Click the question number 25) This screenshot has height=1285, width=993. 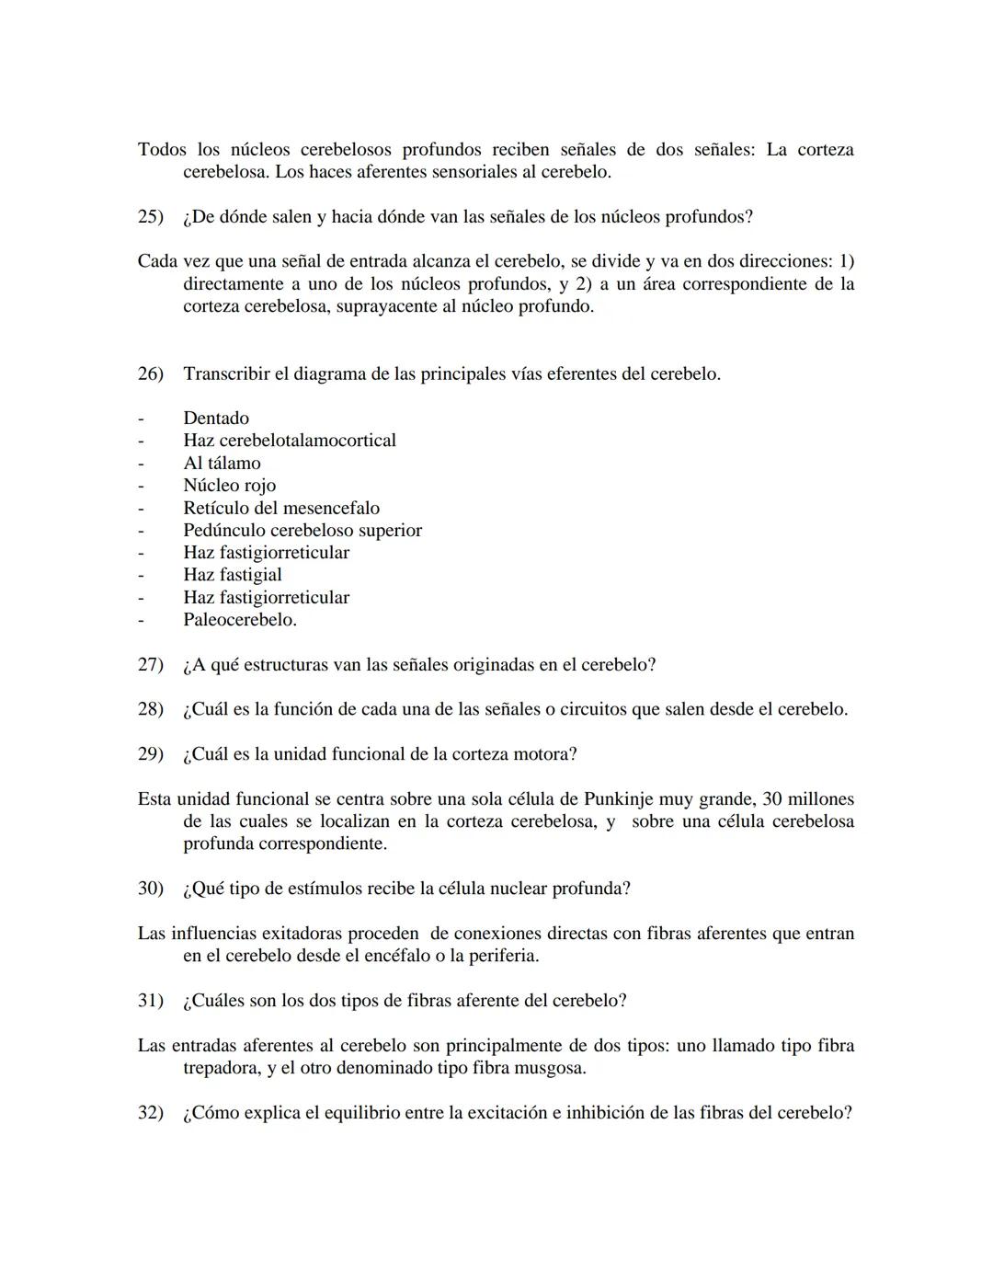[150, 217]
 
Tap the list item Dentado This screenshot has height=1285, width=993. [216, 419]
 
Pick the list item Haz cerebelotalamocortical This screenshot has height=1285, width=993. [290, 441]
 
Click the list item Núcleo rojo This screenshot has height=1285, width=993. [229, 486]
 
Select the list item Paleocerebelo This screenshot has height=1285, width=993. [239, 620]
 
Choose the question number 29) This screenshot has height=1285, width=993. [150, 754]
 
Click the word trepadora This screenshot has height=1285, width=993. [222, 1069]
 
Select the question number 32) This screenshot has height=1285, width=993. [150, 1113]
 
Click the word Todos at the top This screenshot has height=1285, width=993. [162, 150]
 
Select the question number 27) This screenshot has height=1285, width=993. [150, 665]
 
